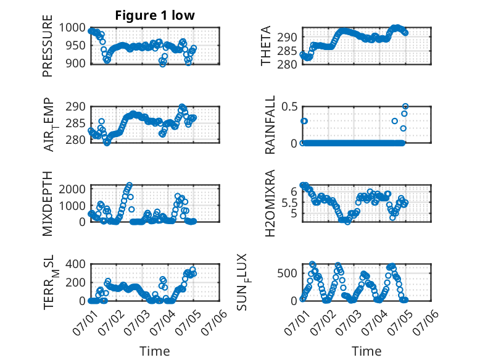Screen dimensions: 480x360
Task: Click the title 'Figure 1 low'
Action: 155,15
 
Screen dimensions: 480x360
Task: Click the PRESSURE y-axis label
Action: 48,46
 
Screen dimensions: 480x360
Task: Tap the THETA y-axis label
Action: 266,46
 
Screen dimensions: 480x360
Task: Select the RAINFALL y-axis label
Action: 270,125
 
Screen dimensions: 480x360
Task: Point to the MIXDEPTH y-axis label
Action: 48,204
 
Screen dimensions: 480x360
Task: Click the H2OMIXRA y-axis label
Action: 270,203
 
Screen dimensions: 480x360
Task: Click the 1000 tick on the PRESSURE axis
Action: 72,28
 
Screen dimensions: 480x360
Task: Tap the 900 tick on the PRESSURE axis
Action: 76,64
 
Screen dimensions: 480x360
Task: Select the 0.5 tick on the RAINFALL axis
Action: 289,107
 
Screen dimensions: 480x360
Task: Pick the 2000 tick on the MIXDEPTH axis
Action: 72,189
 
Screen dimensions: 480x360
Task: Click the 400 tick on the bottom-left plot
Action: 76,264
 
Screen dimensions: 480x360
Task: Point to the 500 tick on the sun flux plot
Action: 287,274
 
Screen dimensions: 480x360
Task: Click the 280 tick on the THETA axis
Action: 287,64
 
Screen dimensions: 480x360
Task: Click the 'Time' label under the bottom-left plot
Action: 155,351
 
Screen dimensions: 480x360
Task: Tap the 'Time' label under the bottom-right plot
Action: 366,351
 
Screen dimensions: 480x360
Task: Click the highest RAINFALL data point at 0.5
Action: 405,106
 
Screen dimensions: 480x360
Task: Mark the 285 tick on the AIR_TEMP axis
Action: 76,123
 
